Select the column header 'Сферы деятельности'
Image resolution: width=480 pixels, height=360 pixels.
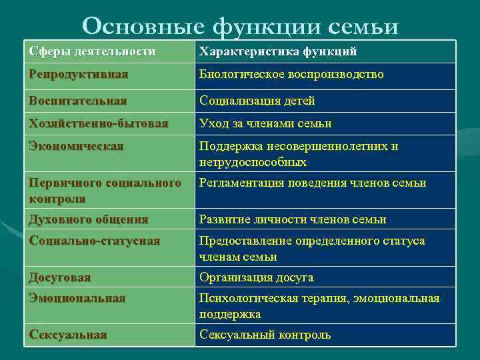[x=92, y=51]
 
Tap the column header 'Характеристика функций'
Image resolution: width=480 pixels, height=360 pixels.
[x=279, y=51]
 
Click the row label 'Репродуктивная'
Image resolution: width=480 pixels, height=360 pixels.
[x=79, y=74]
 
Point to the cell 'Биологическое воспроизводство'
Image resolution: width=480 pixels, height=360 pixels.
[x=291, y=74]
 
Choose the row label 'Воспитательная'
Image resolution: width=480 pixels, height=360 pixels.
[x=77, y=101]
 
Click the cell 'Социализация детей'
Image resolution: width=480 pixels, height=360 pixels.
[x=257, y=101]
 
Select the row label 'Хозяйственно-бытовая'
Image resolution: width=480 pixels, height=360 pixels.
[x=99, y=123]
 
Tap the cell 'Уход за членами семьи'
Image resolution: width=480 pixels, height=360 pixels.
[x=265, y=123]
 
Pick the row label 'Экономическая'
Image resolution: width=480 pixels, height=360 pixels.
[x=76, y=146]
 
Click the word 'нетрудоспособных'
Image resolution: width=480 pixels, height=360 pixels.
[x=253, y=162]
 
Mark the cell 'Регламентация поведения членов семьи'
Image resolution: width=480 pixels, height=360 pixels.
[x=313, y=183]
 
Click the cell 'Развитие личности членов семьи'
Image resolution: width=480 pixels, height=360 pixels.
[x=293, y=219]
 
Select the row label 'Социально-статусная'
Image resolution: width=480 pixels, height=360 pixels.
[x=95, y=241]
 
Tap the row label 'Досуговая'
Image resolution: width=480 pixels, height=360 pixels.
[x=60, y=277]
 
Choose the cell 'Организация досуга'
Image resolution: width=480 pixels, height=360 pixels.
[x=256, y=277]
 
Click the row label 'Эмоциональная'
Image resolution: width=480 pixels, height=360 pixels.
[x=77, y=298]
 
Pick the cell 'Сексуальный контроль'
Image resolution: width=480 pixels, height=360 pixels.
[x=265, y=335]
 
